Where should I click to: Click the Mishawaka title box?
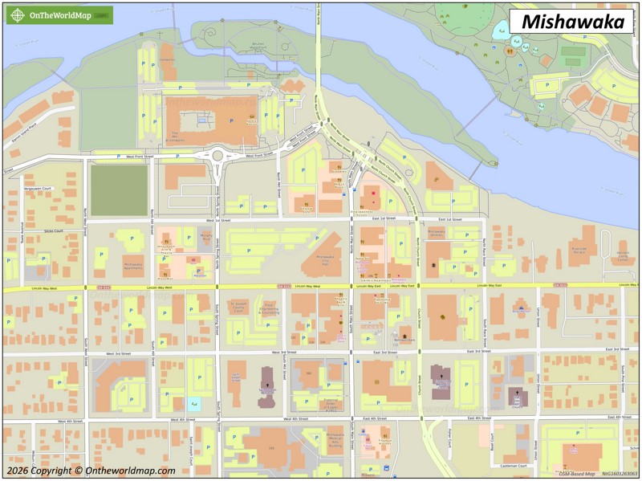pyautogui.click(x=573, y=22)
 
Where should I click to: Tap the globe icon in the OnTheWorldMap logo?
pyautogui.click(x=17, y=15)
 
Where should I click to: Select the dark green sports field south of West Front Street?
pyautogui.click(x=119, y=190)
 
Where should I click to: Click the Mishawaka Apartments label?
pyautogui.click(x=132, y=263)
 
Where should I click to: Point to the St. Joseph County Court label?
pyautogui.click(x=237, y=306)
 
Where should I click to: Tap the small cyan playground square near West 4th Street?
pyautogui.click(x=194, y=405)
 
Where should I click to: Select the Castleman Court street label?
pyautogui.click(x=513, y=465)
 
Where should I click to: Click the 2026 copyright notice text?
pyautogui.click(x=91, y=471)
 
